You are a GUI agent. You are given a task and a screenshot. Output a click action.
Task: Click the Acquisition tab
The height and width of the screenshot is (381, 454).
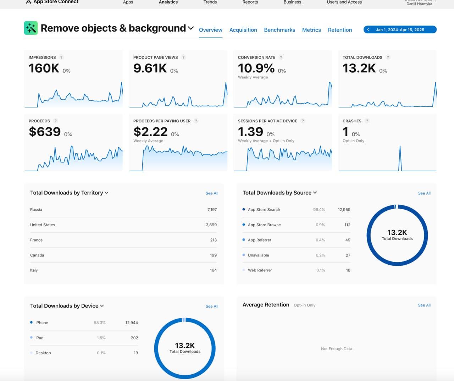[243, 30]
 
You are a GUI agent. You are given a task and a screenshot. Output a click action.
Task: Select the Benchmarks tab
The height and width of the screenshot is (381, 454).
[279, 30]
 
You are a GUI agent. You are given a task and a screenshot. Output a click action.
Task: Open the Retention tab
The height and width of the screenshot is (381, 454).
[340, 30]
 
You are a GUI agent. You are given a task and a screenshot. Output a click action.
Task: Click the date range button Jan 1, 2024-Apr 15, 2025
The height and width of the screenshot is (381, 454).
[400, 30]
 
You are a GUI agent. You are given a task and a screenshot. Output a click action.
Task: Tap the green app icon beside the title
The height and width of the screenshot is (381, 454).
[31, 28]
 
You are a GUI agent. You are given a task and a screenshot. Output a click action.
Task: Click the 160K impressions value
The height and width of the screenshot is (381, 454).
[44, 68]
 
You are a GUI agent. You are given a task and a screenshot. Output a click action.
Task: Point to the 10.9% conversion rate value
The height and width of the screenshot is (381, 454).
[256, 68]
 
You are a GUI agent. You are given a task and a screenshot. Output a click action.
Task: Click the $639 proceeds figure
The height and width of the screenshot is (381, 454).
[45, 132]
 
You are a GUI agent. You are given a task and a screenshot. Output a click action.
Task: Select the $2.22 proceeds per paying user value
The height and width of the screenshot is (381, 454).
[150, 132]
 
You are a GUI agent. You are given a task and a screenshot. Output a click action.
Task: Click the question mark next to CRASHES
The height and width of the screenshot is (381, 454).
[367, 121]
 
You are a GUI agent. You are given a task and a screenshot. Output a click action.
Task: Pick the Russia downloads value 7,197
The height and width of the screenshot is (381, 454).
[212, 210]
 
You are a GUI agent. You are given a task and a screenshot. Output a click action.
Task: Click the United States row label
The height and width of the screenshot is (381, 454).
[43, 225]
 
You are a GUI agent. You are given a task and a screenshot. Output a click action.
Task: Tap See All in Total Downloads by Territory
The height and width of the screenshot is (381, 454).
[212, 193]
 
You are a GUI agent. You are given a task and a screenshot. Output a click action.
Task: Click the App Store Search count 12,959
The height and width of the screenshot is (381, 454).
[344, 210]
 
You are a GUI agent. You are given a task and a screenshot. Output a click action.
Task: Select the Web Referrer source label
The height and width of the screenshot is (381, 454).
[260, 270]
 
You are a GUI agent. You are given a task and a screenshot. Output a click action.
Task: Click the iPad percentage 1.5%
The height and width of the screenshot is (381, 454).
[101, 338]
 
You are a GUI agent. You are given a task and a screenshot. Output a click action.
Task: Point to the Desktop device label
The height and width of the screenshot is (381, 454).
[43, 353]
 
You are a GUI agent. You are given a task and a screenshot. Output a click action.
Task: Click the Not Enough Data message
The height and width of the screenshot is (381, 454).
[336, 349]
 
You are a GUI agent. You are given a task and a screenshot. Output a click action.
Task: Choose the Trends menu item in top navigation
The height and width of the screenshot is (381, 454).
[210, 2]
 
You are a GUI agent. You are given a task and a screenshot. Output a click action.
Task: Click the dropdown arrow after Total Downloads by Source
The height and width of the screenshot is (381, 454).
[315, 193]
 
